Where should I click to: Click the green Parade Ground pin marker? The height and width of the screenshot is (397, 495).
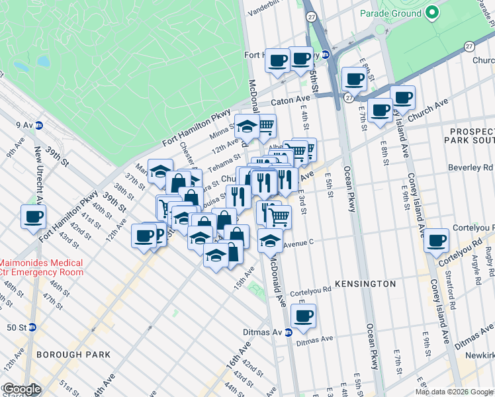[432, 13]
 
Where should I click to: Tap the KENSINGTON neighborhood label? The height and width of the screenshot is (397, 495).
[365, 283]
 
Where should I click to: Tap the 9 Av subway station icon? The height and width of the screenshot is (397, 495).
[39, 124]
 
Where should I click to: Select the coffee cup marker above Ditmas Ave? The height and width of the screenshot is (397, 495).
[303, 316]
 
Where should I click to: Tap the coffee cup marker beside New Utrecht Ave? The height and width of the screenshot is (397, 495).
[33, 216]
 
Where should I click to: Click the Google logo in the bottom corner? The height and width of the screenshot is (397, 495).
[21, 389]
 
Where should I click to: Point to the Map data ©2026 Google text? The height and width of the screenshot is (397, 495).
[453, 392]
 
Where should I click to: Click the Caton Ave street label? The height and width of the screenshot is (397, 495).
[291, 103]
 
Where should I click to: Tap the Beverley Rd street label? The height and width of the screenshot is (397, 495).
[471, 168]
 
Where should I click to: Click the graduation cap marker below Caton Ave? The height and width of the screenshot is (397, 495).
[247, 126]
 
